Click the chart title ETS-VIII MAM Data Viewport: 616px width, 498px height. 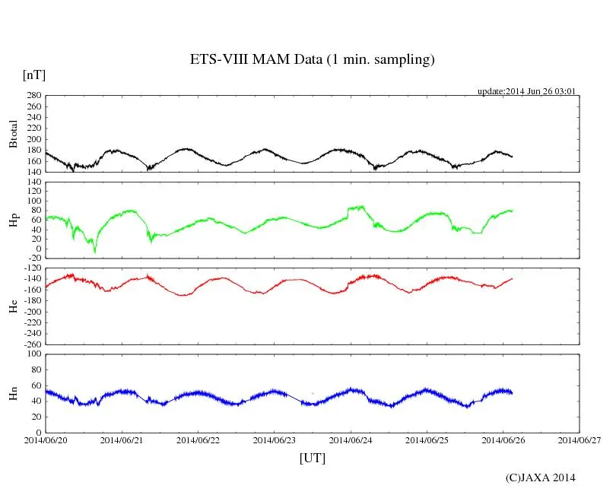point(312,59)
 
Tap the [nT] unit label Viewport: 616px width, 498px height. point(33,75)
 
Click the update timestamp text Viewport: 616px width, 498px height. point(526,91)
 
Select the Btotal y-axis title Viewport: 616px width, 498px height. point(13,133)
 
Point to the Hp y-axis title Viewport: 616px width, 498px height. point(13,220)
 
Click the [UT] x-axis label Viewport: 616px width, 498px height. point(312,458)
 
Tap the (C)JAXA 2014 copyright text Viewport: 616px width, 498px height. point(541,477)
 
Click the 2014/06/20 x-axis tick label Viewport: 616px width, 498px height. point(46,439)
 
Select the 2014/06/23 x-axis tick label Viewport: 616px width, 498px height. point(275,439)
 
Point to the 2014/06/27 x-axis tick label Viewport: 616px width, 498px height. point(579,439)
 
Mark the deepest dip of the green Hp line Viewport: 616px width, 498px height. point(95,251)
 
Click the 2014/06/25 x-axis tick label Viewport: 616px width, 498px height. point(427,439)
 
